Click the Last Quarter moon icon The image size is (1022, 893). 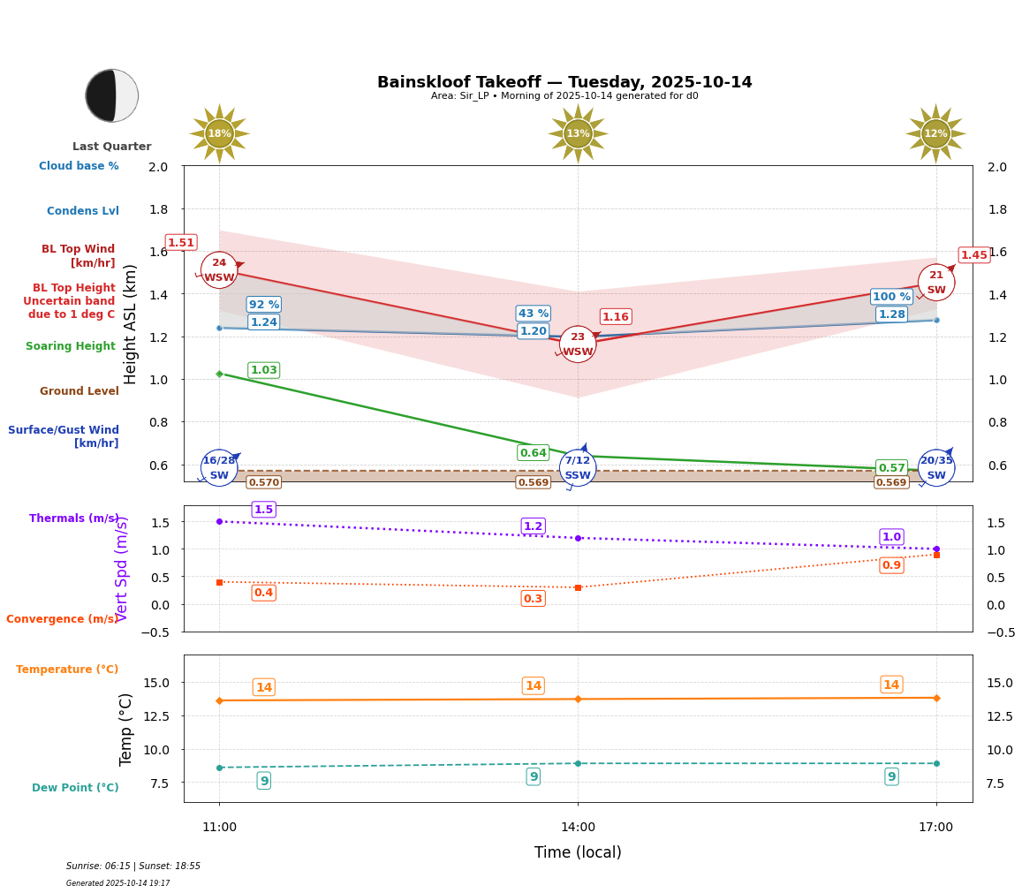pyautogui.click(x=111, y=95)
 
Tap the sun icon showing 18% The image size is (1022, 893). pyautogui.click(x=219, y=134)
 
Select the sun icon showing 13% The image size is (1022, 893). pyautogui.click(x=578, y=134)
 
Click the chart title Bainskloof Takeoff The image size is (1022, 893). pyautogui.click(x=564, y=82)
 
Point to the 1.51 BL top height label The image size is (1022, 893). pyautogui.click(x=181, y=243)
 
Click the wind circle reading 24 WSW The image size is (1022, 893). pyautogui.click(x=219, y=270)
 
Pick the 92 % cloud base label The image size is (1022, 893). pyautogui.click(x=264, y=305)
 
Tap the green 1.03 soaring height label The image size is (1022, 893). pyautogui.click(x=264, y=370)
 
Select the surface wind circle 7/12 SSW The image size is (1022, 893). pyautogui.click(x=578, y=468)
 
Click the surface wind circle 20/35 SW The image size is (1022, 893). pyautogui.click(x=936, y=468)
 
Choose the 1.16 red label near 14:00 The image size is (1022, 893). pyautogui.click(x=616, y=317)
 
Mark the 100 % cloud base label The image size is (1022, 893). pyautogui.click(x=891, y=297)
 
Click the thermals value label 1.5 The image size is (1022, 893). pyautogui.click(x=264, y=510)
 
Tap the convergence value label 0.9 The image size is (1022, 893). pyautogui.click(x=891, y=565)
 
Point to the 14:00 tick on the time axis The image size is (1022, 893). pyautogui.click(x=578, y=828)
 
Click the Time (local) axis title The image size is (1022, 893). pyautogui.click(x=578, y=852)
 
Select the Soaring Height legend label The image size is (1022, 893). pyautogui.click(x=71, y=346)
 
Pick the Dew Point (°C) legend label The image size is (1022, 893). pyautogui.click(x=75, y=788)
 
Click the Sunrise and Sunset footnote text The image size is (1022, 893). pyautogui.click(x=133, y=867)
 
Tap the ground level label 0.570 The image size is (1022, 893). pyautogui.click(x=264, y=482)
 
